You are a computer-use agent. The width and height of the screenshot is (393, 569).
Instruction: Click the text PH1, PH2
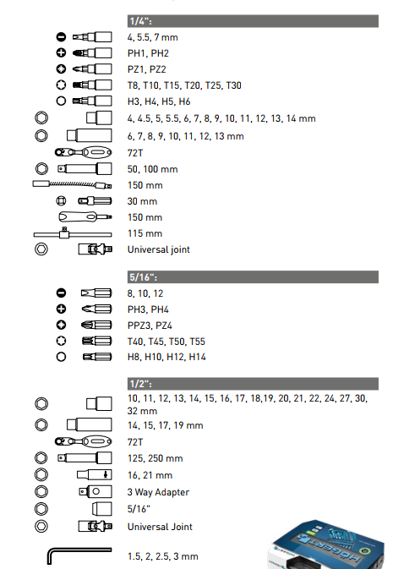pos(148,53)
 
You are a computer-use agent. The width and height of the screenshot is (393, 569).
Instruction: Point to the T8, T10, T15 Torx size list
pos(184,85)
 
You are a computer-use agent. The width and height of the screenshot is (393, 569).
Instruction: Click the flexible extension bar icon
pos(72,184)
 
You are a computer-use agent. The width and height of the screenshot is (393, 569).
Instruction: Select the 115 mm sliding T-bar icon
pos(73,233)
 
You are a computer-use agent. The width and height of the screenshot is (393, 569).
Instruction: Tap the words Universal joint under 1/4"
pos(159,249)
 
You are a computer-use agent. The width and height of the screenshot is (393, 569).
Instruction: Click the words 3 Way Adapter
pos(158,492)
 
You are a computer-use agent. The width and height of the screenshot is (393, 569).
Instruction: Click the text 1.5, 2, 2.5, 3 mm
pos(162,556)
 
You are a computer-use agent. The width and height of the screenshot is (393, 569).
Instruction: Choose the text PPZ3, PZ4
pos(150,326)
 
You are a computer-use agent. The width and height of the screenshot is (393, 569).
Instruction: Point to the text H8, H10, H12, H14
pos(166,357)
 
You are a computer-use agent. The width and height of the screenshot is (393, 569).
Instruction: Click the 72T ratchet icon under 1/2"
pos(83,441)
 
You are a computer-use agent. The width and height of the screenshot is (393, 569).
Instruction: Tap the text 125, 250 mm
pos(155,458)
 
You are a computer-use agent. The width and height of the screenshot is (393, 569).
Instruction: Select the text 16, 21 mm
pos(150,475)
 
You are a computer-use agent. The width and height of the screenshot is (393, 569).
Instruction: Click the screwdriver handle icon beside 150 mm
pos(85,217)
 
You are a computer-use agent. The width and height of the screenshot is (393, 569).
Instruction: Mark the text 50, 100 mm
pos(152,169)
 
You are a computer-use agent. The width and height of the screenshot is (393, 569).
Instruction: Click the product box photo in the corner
pos(325,544)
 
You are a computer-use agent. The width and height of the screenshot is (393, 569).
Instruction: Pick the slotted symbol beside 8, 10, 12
pos(62,293)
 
